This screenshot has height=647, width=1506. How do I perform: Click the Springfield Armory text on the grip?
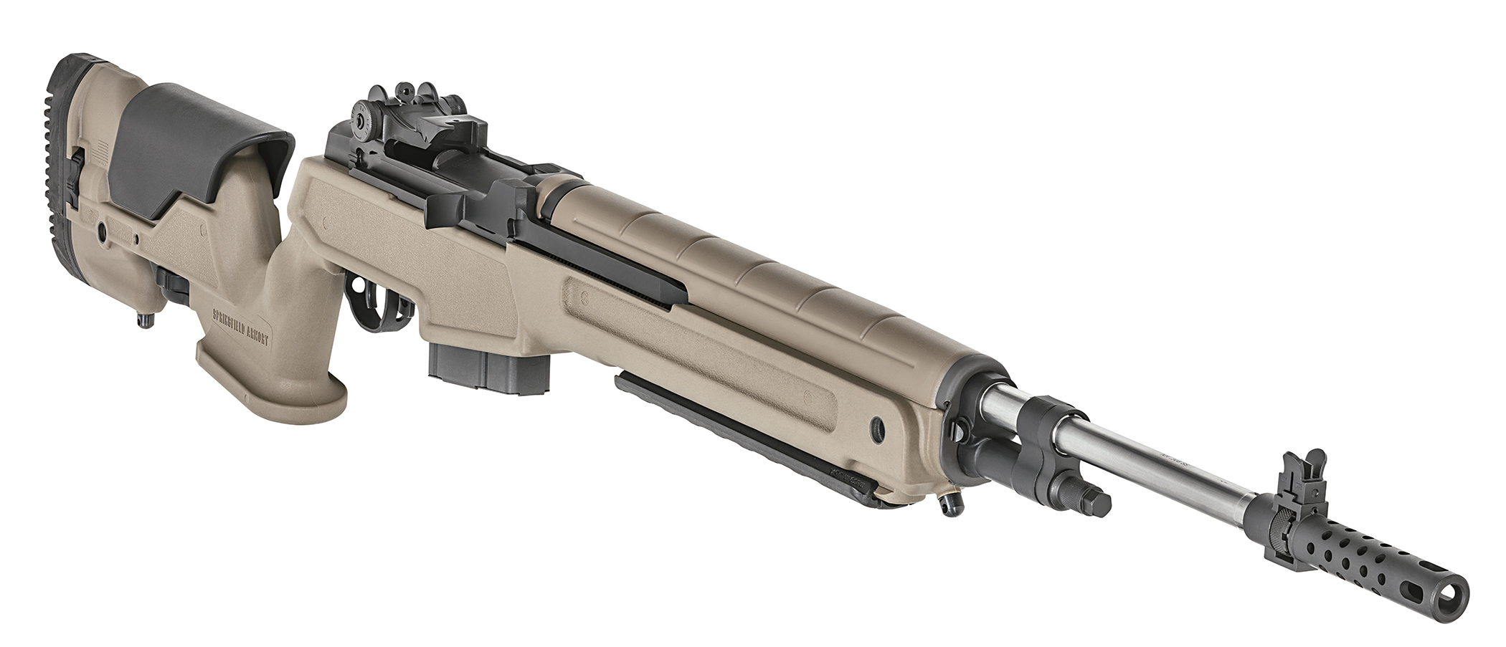[x=242, y=327]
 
